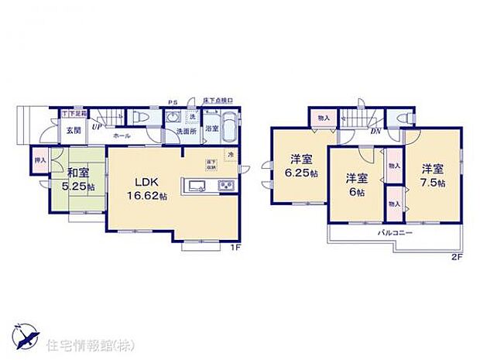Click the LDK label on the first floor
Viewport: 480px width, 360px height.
click(x=147, y=183)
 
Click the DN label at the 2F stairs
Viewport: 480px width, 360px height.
click(x=375, y=130)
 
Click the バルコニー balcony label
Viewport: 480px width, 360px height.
click(x=395, y=232)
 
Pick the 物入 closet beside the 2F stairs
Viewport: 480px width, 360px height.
click(x=324, y=118)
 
